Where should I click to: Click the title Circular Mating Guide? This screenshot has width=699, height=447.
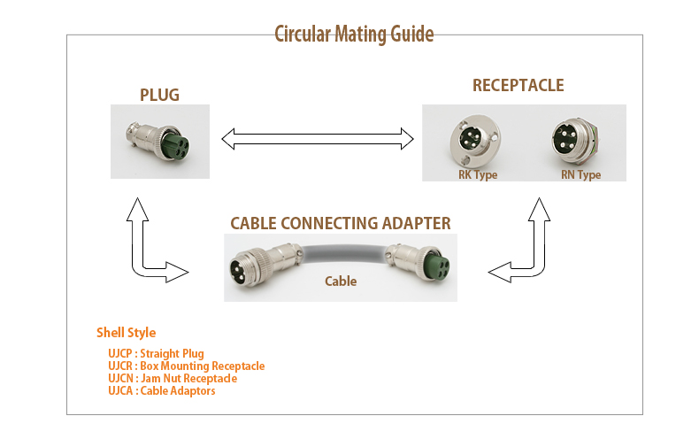[354, 35]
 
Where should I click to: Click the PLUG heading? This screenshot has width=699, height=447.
[159, 95]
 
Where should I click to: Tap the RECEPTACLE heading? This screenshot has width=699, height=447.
[518, 85]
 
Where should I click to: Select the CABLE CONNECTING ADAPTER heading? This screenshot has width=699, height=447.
[341, 223]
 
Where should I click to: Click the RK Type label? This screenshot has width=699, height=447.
[478, 174]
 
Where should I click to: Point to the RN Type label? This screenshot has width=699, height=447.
[580, 174]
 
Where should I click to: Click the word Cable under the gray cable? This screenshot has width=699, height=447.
[341, 281]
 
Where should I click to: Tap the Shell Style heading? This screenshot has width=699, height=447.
[127, 333]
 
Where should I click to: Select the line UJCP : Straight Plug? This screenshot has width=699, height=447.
[156, 354]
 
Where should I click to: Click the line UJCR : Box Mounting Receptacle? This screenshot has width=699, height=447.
[187, 366]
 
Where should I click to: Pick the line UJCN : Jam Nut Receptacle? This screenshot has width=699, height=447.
[173, 379]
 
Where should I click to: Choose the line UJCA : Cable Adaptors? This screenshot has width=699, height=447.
[161, 391]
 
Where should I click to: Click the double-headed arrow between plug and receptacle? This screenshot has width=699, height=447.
[318, 139]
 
